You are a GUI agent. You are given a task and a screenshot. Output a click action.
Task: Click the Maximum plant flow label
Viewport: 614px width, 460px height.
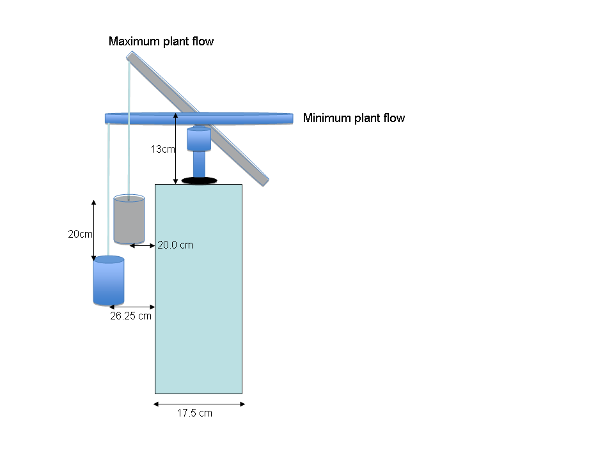[161, 42]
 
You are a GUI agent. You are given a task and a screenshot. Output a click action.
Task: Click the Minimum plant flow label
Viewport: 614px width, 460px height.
[354, 118]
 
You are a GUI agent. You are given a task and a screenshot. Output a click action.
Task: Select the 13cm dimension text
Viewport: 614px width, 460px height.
[162, 149]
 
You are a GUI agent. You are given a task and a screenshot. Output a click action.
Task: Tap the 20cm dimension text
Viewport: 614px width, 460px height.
[80, 234]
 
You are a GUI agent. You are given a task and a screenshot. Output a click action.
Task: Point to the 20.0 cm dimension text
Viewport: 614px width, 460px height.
[175, 245]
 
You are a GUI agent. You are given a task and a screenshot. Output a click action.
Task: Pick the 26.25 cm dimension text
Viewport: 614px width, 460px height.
[130, 316]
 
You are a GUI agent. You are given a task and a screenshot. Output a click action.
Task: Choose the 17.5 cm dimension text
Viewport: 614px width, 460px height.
[194, 413]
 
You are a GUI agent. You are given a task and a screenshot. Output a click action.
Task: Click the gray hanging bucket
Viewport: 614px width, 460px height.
[129, 219]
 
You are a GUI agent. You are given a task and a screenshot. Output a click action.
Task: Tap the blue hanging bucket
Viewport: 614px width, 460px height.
[109, 280]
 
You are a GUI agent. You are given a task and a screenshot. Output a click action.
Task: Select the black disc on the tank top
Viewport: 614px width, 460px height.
[200, 181]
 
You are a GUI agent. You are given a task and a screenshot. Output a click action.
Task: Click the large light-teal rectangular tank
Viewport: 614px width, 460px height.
[198, 289]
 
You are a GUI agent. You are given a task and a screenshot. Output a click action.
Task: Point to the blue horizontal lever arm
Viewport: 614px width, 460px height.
[199, 119]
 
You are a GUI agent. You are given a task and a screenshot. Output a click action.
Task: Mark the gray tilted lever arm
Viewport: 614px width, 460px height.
[198, 119]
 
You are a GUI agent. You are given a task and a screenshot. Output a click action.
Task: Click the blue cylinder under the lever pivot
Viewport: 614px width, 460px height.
[199, 139]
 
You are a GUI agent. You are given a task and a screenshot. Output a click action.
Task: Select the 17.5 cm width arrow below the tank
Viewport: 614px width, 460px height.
[200, 404]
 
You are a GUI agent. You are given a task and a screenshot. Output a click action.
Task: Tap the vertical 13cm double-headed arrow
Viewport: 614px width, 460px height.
[175, 149]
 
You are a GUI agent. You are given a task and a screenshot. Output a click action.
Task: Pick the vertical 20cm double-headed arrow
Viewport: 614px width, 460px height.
[93, 231]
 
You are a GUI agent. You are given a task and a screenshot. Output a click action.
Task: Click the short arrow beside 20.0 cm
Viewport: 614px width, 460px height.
[143, 245]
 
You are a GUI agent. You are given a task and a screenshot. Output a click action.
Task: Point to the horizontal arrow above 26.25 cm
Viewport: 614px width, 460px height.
[132, 307]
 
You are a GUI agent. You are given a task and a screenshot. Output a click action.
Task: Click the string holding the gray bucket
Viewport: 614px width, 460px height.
[129, 130]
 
